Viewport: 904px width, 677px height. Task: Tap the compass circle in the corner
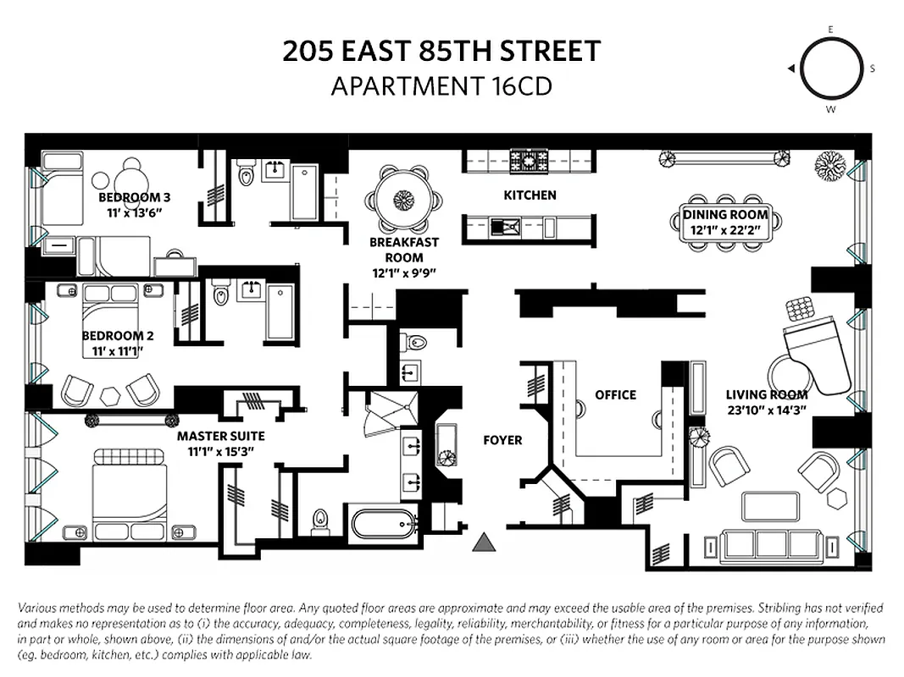pyautogui.click(x=829, y=69)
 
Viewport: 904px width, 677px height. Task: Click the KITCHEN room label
pyautogui.click(x=530, y=195)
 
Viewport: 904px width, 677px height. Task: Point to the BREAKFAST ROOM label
pyautogui.click(x=404, y=249)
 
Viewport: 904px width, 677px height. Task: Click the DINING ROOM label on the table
pyautogui.click(x=725, y=215)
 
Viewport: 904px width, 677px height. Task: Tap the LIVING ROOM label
pyautogui.click(x=766, y=394)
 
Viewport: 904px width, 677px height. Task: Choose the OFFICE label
pyautogui.click(x=615, y=394)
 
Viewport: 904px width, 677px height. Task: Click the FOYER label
pyautogui.click(x=502, y=440)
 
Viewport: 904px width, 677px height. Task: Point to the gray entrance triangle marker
pyautogui.click(x=485, y=542)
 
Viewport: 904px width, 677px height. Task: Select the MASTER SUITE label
pyautogui.click(x=220, y=437)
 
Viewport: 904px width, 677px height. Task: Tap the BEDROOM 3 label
pyautogui.click(x=128, y=198)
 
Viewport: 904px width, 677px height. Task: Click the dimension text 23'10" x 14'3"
pyautogui.click(x=766, y=410)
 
